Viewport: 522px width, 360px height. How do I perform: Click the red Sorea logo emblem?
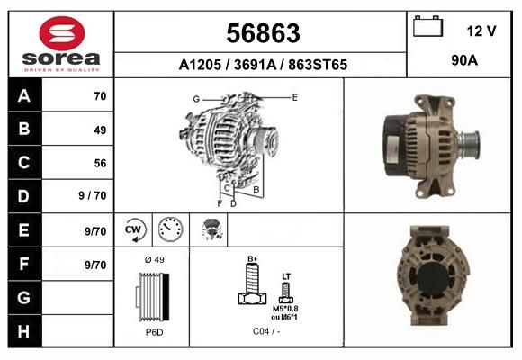(x=62, y=33)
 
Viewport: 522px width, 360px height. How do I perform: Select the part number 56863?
(x=263, y=33)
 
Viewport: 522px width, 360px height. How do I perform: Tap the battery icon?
(x=427, y=26)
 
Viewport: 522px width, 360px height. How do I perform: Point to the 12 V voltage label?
(x=481, y=31)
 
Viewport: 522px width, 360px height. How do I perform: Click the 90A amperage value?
(x=464, y=60)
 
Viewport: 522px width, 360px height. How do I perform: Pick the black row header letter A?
(x=24, y=96)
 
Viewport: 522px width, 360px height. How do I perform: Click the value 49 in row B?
(x=100, y=130)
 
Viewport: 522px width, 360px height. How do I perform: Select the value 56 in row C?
(x=100, y=163)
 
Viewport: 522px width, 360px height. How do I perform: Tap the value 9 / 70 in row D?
(x=93, y=195)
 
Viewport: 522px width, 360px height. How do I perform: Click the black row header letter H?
(x=23, y=331)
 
